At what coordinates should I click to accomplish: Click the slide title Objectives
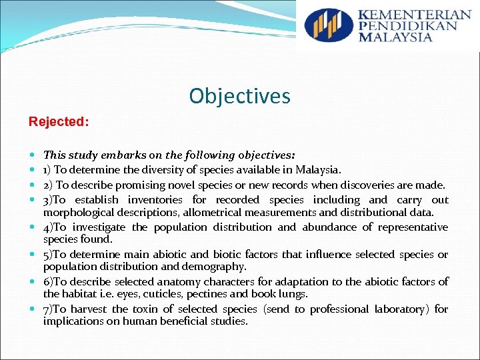pos(239,96)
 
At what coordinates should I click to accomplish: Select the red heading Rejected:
pos(58,123)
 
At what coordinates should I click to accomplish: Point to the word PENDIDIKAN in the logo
pos(407,26)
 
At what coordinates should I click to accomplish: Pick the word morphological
pos(81,213)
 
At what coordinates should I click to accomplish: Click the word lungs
pos(294,294)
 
